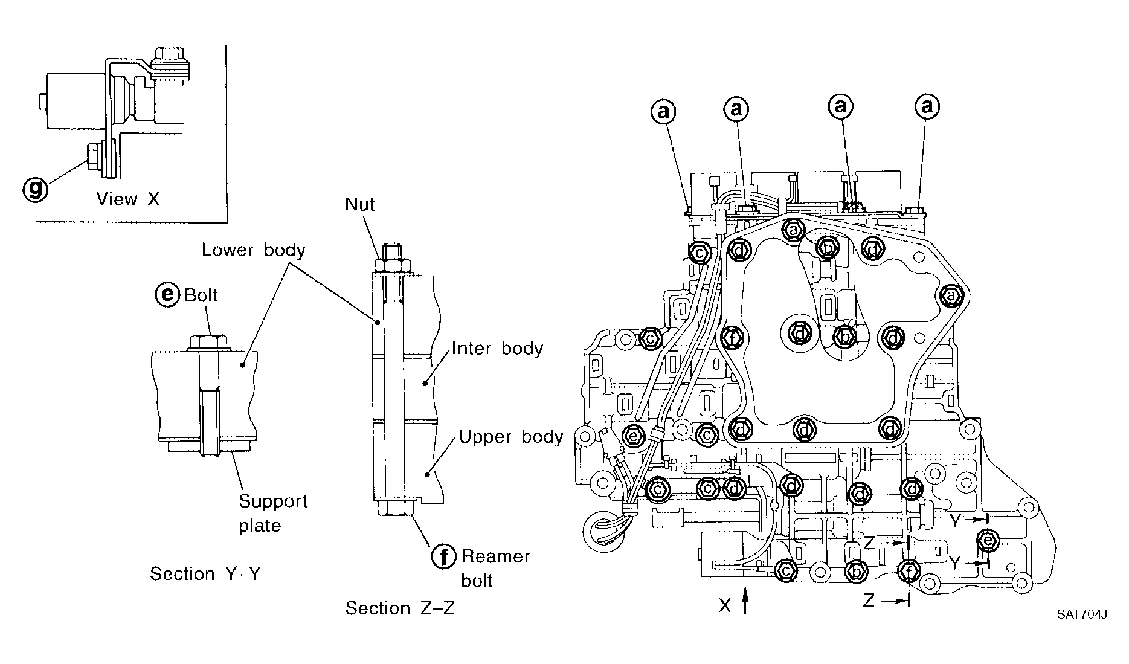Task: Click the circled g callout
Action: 36,189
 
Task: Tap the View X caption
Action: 127,199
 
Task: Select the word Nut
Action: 359,205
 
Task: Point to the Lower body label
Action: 253,250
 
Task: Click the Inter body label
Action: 497,349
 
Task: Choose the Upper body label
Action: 511,437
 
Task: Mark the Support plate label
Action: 273,513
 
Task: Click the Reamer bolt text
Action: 495,568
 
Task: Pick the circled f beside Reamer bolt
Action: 443,556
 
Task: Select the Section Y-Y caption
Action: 205,573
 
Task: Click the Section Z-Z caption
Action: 400,608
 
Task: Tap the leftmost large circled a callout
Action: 663,111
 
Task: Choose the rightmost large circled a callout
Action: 927,107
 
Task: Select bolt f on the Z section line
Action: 909,570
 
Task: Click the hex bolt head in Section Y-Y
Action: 209,343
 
